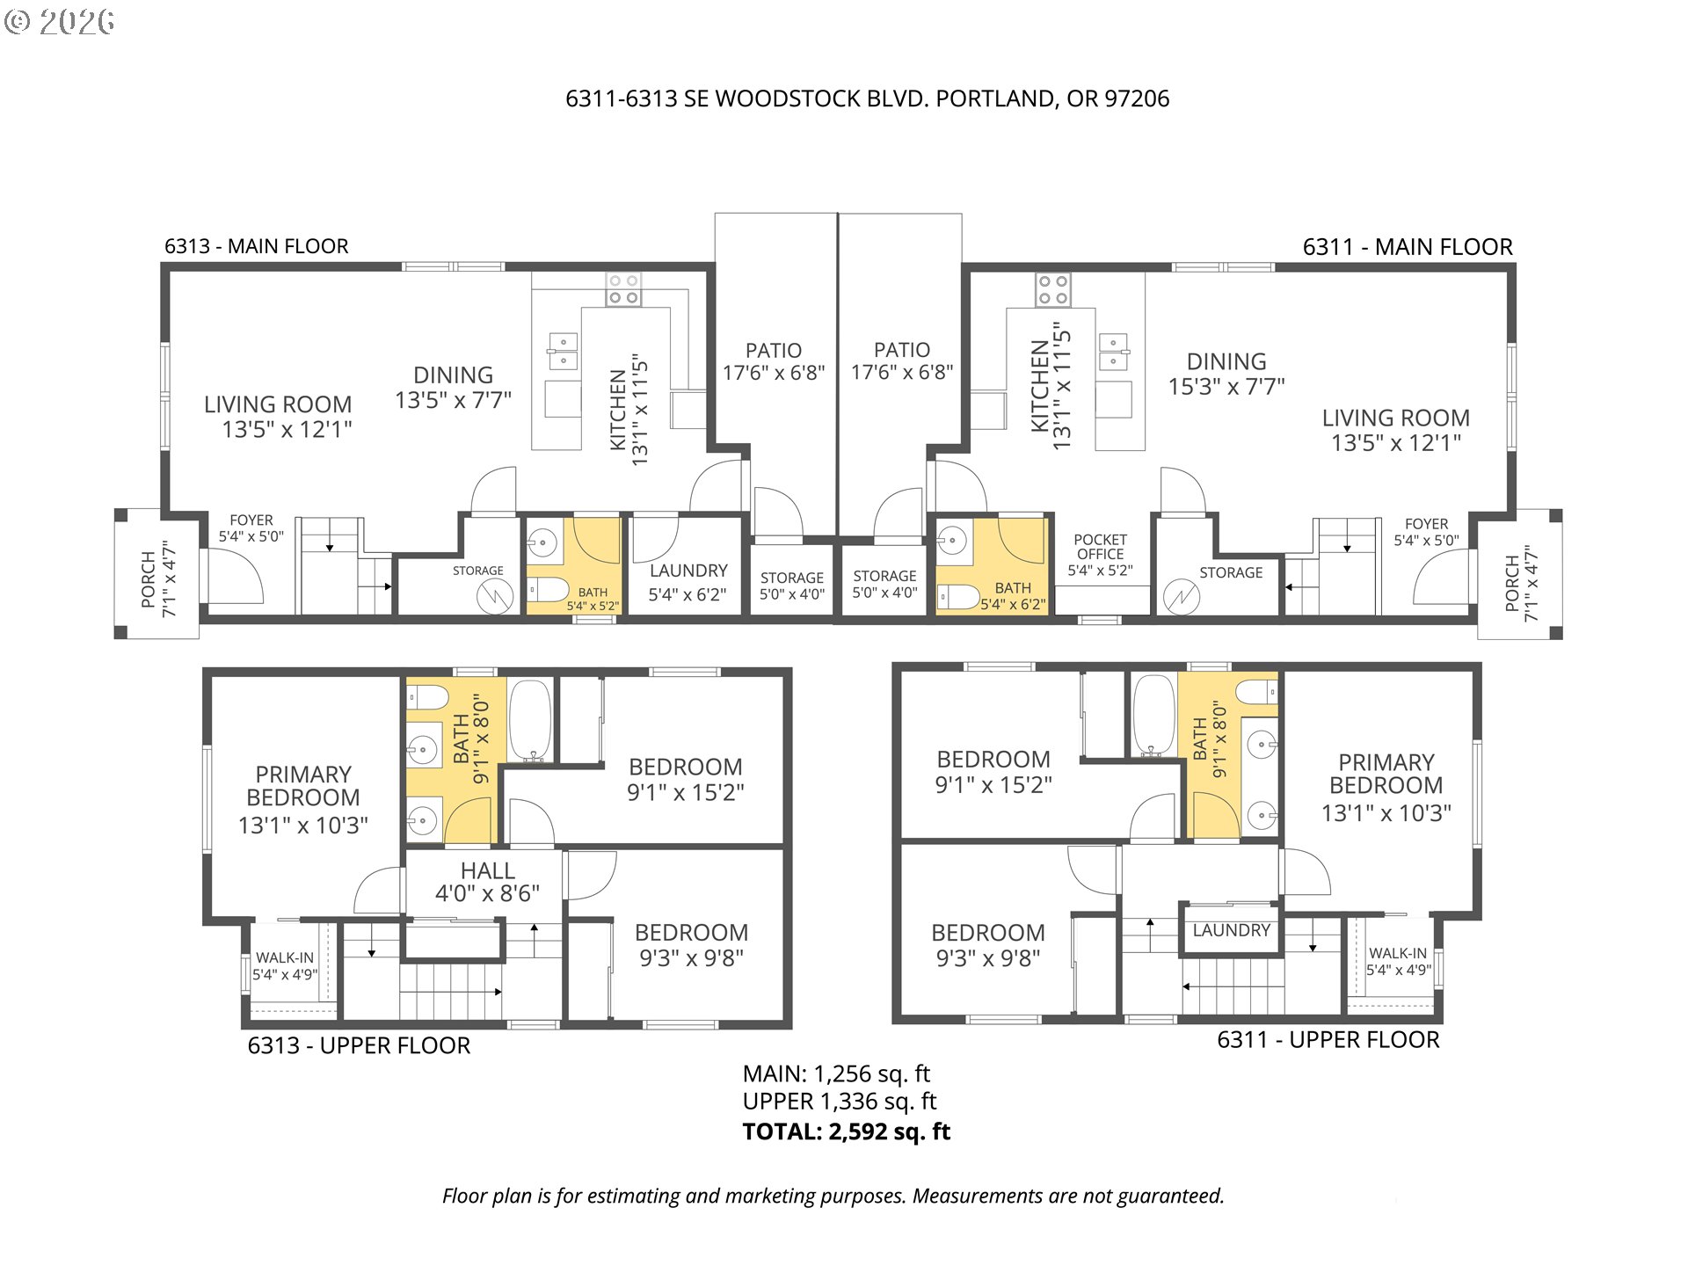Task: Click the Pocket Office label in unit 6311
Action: coord(1100,554)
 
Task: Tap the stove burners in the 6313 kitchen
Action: coord(623,289)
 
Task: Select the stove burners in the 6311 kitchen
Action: coord(1052,289)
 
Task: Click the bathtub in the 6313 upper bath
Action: coord(531,720)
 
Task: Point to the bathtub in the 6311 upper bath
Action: coord(1153,715)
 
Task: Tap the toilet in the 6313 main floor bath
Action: coord(549,589)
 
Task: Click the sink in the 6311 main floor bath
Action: coord(952,541)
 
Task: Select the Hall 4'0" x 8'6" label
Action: coord(487,882)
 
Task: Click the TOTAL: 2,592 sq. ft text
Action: coord(846,1131)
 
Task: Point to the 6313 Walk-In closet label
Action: coord(285,965)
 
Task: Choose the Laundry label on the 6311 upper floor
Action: coord(1231,930)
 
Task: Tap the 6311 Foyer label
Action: coord(1426,532)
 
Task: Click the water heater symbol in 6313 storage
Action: coord(494,597)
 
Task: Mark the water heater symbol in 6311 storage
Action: coord(1181,597)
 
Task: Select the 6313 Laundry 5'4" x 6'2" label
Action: coord(688,582)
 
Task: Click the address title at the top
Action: coord(867,98)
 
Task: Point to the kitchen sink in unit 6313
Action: coord(563,352)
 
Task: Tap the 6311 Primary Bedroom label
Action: coord(1386,787)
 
